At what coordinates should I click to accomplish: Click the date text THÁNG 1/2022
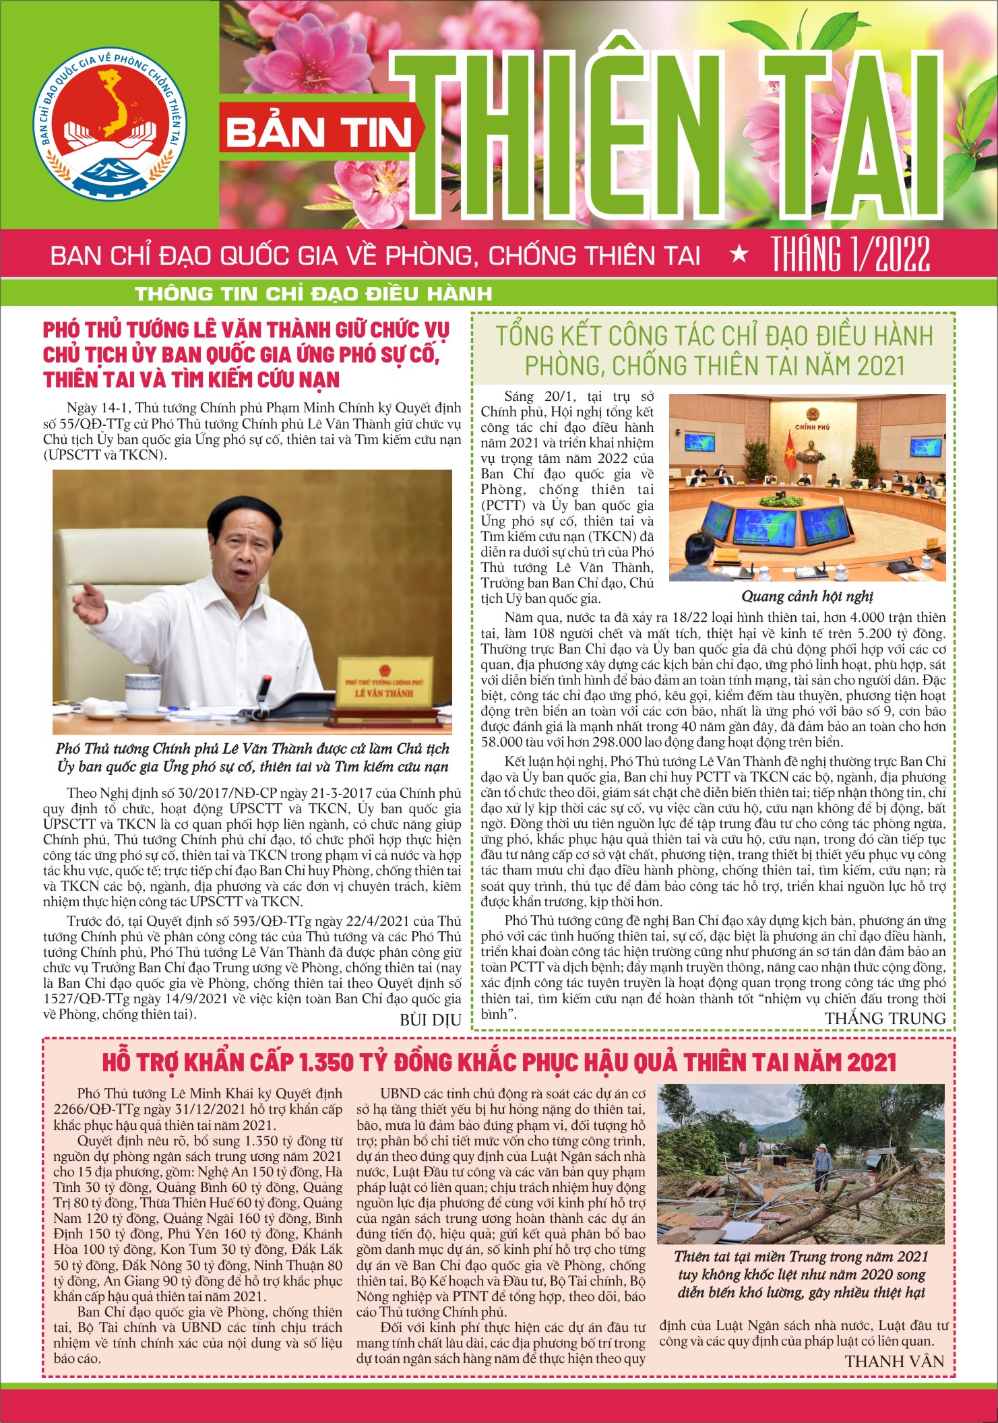pyautogui.click(x=850, y=254)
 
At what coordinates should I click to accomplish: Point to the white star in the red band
pyautogui.click(x=739, y=255)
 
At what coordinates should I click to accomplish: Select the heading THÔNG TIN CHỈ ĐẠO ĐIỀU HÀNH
pyautogui.click(x=313, y=294)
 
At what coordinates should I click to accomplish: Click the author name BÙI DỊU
pyautogui.click(x=431, y=1019)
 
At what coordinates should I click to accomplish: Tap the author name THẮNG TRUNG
pyautogui.click(x=885, y=1018)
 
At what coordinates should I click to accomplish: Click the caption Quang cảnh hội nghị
pyautogui.click(x=807, y=596)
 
